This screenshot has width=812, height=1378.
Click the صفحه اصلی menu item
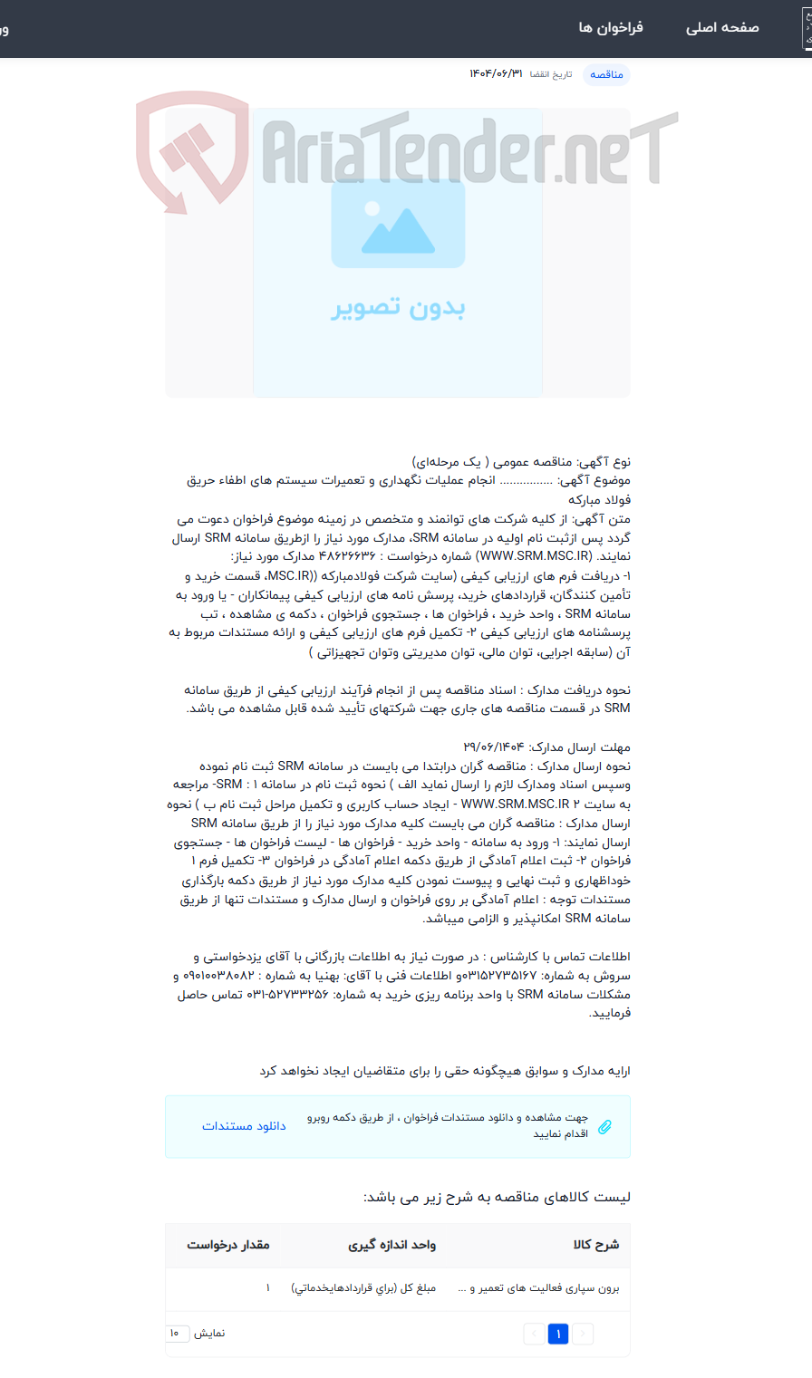(721, 28)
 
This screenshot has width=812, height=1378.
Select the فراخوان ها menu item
(611, 28)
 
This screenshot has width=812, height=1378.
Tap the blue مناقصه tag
(606, 74)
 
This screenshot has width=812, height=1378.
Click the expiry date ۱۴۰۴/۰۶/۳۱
(496, 74)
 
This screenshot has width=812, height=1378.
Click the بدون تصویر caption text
(398, 308)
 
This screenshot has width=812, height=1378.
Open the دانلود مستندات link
(244, 1126)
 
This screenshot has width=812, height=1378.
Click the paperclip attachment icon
(604, 1126)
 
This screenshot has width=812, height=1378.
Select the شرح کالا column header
(596, 1245)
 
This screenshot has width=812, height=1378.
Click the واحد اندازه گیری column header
(392, 1245)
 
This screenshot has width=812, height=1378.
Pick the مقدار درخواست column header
(228, 1245)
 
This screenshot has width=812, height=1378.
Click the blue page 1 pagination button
(558, 1334)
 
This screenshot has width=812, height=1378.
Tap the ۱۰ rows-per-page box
(177, 1334)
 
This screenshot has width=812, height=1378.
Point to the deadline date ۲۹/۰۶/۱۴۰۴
(493, 747)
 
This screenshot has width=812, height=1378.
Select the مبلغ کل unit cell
(363, 1288)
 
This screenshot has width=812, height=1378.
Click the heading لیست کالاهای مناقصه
(497, 1198)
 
